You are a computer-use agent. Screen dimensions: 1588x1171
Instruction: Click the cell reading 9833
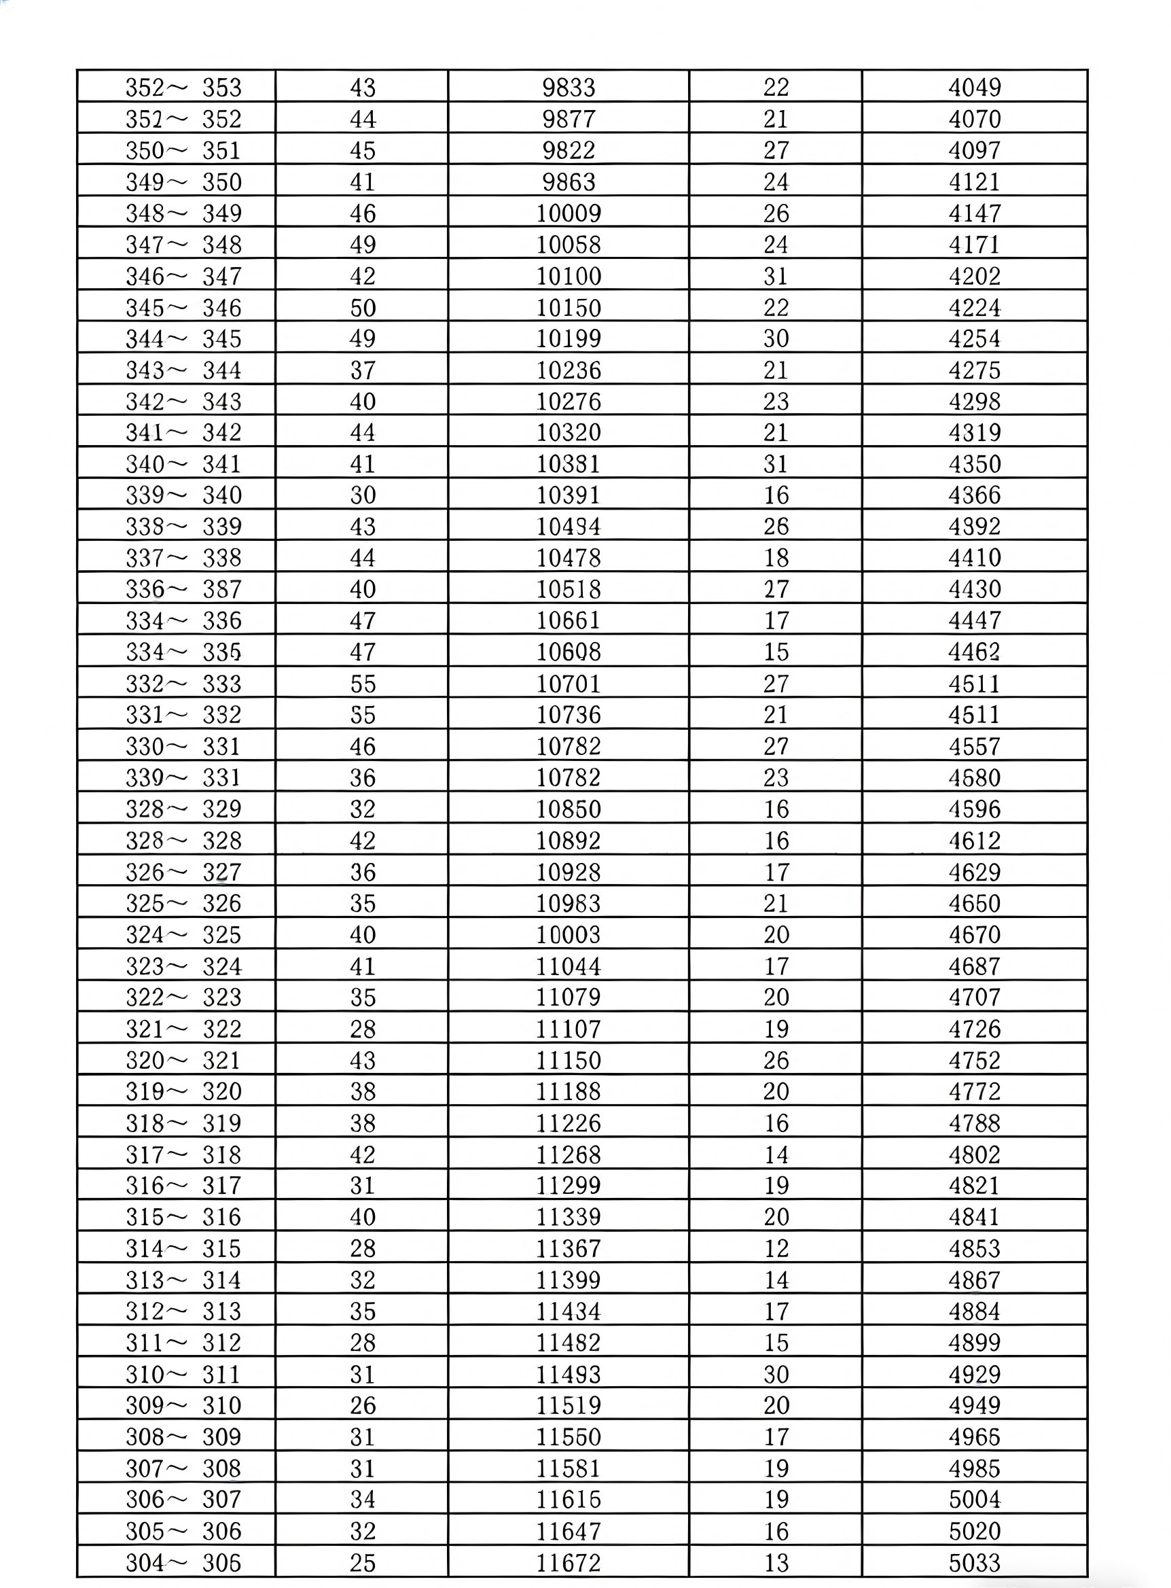click(569, 87)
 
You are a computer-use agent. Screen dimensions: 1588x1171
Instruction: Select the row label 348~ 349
click(183, 213)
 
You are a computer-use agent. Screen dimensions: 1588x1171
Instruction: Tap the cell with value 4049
click(975, 87)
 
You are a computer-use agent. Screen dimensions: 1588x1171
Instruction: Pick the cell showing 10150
click(569, 307)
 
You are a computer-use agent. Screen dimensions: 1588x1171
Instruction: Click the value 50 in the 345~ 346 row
click(362, 307)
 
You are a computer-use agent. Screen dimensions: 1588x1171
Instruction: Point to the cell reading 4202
click(975, 276)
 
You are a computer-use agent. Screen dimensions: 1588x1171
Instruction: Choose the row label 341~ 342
click(183, 431)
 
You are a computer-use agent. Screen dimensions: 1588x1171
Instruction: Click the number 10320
click(569, 431)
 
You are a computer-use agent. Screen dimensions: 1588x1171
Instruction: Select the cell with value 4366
click(975, 495)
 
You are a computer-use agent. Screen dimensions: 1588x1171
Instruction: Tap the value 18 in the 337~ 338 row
click(776, 557)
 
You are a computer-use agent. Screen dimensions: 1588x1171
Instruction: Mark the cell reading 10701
click(569, 684)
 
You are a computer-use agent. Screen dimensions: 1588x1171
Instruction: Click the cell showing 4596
click(975, 809)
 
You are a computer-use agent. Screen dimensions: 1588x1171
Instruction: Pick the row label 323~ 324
click(183, 966)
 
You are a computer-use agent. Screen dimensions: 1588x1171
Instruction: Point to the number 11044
click(569, 966)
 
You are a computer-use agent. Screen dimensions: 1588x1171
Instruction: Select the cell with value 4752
click(975, 1060)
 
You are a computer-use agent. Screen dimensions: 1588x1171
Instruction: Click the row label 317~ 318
click(183, 1154)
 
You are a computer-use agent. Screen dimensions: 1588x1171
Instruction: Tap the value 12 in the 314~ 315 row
click(776, 1248)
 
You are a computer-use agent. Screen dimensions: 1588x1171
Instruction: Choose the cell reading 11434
click(569, 1311)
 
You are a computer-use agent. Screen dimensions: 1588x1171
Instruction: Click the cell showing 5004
click(975, 1499)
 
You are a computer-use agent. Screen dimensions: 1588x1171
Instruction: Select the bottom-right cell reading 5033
click(975, 1561)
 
